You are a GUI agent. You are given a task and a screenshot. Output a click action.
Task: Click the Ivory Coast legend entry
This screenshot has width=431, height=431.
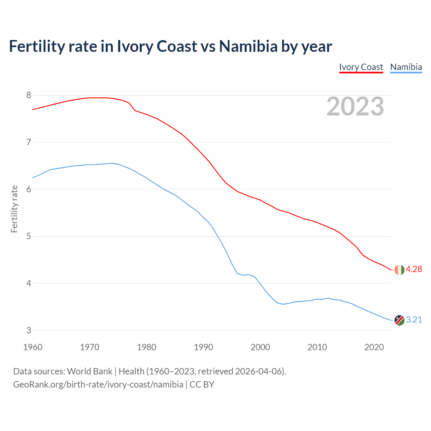[x=361, y=67]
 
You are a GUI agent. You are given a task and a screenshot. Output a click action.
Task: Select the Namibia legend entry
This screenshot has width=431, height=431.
[x=406, y=67]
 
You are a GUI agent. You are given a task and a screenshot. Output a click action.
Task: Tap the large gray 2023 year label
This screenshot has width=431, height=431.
[x=355, y=106]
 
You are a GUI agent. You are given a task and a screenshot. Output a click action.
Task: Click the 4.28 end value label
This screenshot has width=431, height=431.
[x=414, y=269]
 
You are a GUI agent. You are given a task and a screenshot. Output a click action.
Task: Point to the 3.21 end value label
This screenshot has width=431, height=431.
[x=414, y=320]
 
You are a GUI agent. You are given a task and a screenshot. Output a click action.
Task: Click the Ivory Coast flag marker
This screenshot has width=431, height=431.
[x=399, y=270]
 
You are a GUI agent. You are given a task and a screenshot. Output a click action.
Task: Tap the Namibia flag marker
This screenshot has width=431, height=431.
[x=399, y=320]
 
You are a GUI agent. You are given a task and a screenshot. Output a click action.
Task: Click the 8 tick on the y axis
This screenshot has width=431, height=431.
[x=29, y=95]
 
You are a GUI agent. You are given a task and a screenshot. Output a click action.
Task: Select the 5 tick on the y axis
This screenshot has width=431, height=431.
[x=29, y=236]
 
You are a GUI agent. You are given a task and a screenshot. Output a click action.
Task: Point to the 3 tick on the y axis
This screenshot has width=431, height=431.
[x=29, y=330]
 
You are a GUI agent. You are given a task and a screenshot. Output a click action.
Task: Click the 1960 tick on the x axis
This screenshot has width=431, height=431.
[x=33, y=347]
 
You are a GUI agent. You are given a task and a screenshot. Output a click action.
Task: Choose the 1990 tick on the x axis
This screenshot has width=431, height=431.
[x=203, y=347]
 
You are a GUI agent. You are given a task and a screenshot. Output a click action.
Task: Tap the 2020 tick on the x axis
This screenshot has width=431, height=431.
[x=374, y=347]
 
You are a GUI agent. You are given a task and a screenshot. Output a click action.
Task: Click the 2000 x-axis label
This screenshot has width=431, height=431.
[x=260, y=347]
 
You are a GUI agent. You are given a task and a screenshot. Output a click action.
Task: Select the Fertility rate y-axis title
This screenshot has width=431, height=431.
[x=14, y=209]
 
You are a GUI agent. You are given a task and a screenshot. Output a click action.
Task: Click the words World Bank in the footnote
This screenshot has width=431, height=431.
[x=90, y=371]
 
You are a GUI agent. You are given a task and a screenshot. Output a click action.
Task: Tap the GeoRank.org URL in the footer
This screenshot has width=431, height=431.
[x=98, y=385]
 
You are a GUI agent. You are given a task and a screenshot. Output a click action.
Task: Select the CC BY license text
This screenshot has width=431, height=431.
[x=202, y=385]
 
